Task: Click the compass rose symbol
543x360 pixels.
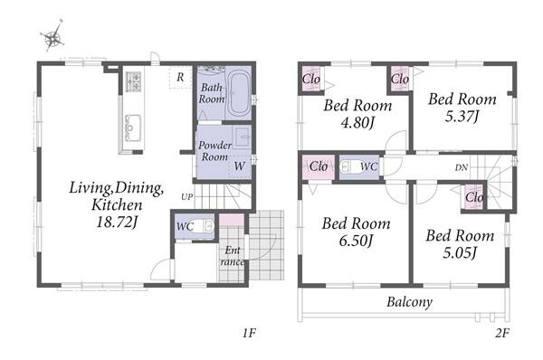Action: click(53, 36)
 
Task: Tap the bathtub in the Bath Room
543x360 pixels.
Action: click(239, 93)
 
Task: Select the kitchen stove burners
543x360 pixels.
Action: click(133, 81)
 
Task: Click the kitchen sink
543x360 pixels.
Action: click(133, 128)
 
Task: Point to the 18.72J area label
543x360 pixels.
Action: click(117, 222)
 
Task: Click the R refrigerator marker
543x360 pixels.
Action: click(180, 77)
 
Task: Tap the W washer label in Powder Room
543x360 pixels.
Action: click(239, 166)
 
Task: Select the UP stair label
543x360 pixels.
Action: click(187, 197)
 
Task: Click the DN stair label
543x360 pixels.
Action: click(462, 167)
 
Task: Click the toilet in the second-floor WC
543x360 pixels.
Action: click(349, 166)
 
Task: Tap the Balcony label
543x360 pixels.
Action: click(410, 302)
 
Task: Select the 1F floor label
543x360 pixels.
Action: click(249, 333)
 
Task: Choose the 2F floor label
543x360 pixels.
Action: click(502, 333)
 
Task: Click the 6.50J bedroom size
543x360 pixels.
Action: click(356, 241)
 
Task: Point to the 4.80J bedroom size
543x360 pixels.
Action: click(357, 122)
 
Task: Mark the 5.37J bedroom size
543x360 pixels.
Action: click(462, 117)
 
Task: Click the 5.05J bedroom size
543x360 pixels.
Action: click(460, 252)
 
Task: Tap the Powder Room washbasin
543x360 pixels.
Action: click(242, 136)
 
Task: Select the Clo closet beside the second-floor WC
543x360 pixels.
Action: click(319, 166)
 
